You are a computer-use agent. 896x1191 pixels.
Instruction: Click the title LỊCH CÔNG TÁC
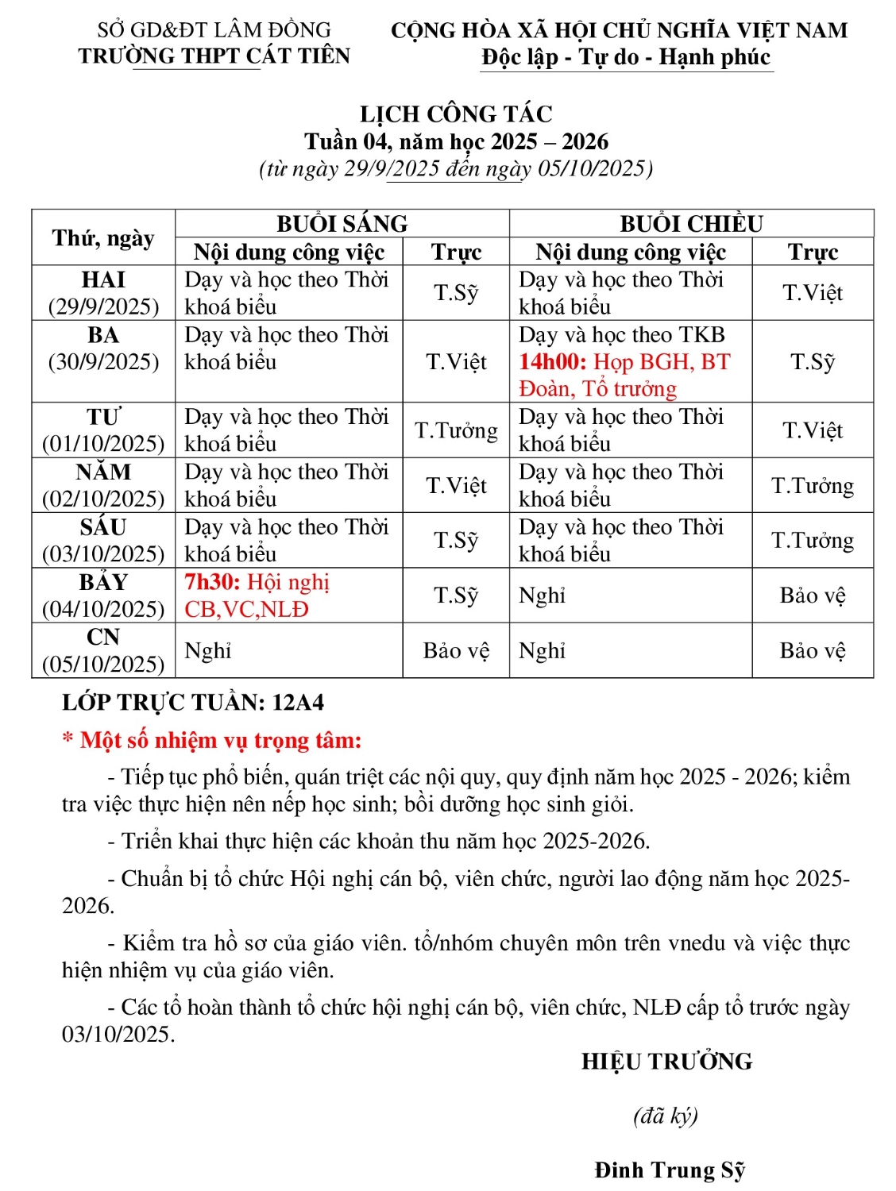tap(456, 114)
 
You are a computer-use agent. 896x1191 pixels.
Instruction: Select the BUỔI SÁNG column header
tap(342, 224)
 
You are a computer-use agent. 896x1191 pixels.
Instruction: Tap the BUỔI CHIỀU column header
tap(691, 224)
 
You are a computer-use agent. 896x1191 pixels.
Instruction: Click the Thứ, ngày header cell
tap(103, 238)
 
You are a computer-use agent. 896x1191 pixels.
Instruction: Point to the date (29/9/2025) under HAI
tap(103, 306)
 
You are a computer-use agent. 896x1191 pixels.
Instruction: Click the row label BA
tap(103, 335)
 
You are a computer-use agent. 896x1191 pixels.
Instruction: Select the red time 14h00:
tap(553, 362)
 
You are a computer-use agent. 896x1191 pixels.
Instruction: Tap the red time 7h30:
tap(212, 582)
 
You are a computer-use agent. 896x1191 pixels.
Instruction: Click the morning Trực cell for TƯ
tap(456, 430)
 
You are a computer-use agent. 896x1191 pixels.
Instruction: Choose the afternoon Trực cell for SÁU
tap(813, 541)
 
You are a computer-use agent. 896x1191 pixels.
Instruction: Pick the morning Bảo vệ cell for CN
tap(456, 651)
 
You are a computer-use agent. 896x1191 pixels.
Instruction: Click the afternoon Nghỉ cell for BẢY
tap(543, 595)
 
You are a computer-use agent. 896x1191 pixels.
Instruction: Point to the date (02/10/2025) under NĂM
tap(103, 499)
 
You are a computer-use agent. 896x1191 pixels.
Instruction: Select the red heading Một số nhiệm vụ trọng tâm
tap(220, 741)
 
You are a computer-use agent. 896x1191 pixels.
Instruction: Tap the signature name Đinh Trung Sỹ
tap(670, 1170)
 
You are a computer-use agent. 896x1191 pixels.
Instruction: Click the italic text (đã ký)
tap(666, 1116)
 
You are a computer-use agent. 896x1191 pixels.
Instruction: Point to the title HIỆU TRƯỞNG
tap(666, 1062)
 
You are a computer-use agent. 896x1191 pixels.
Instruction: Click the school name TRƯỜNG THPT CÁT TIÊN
tap(214, 56)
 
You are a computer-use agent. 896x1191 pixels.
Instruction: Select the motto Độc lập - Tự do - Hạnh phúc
tap(626, 57)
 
